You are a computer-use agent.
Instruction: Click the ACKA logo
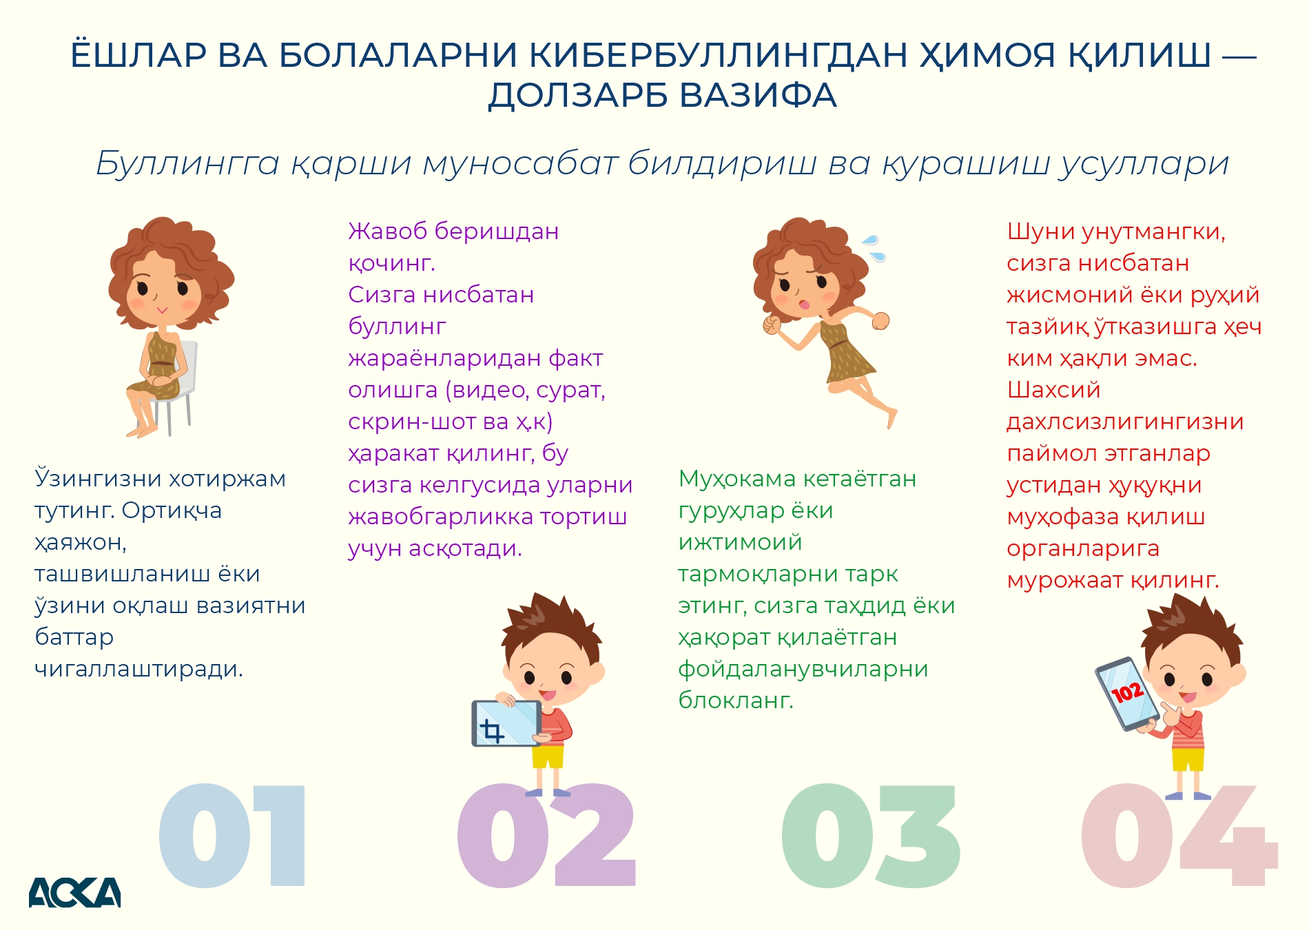coord(74,892)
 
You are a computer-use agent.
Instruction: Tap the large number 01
coord(232,835)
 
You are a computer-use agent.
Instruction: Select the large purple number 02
coord(546,835)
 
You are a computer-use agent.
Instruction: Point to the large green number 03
coord(871,835)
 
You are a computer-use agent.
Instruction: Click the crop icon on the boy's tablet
coord(492,731)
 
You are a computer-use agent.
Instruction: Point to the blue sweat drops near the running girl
coord(874,248)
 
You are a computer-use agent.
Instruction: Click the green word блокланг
coord(736,700)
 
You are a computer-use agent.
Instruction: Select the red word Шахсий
coord(1054,390)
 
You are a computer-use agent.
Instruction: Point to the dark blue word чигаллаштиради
coord(139,669)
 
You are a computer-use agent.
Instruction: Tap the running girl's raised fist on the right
coord(880,320)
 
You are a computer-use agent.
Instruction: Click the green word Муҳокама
coord(737,479)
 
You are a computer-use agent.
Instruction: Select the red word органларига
coord(1083,549)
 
